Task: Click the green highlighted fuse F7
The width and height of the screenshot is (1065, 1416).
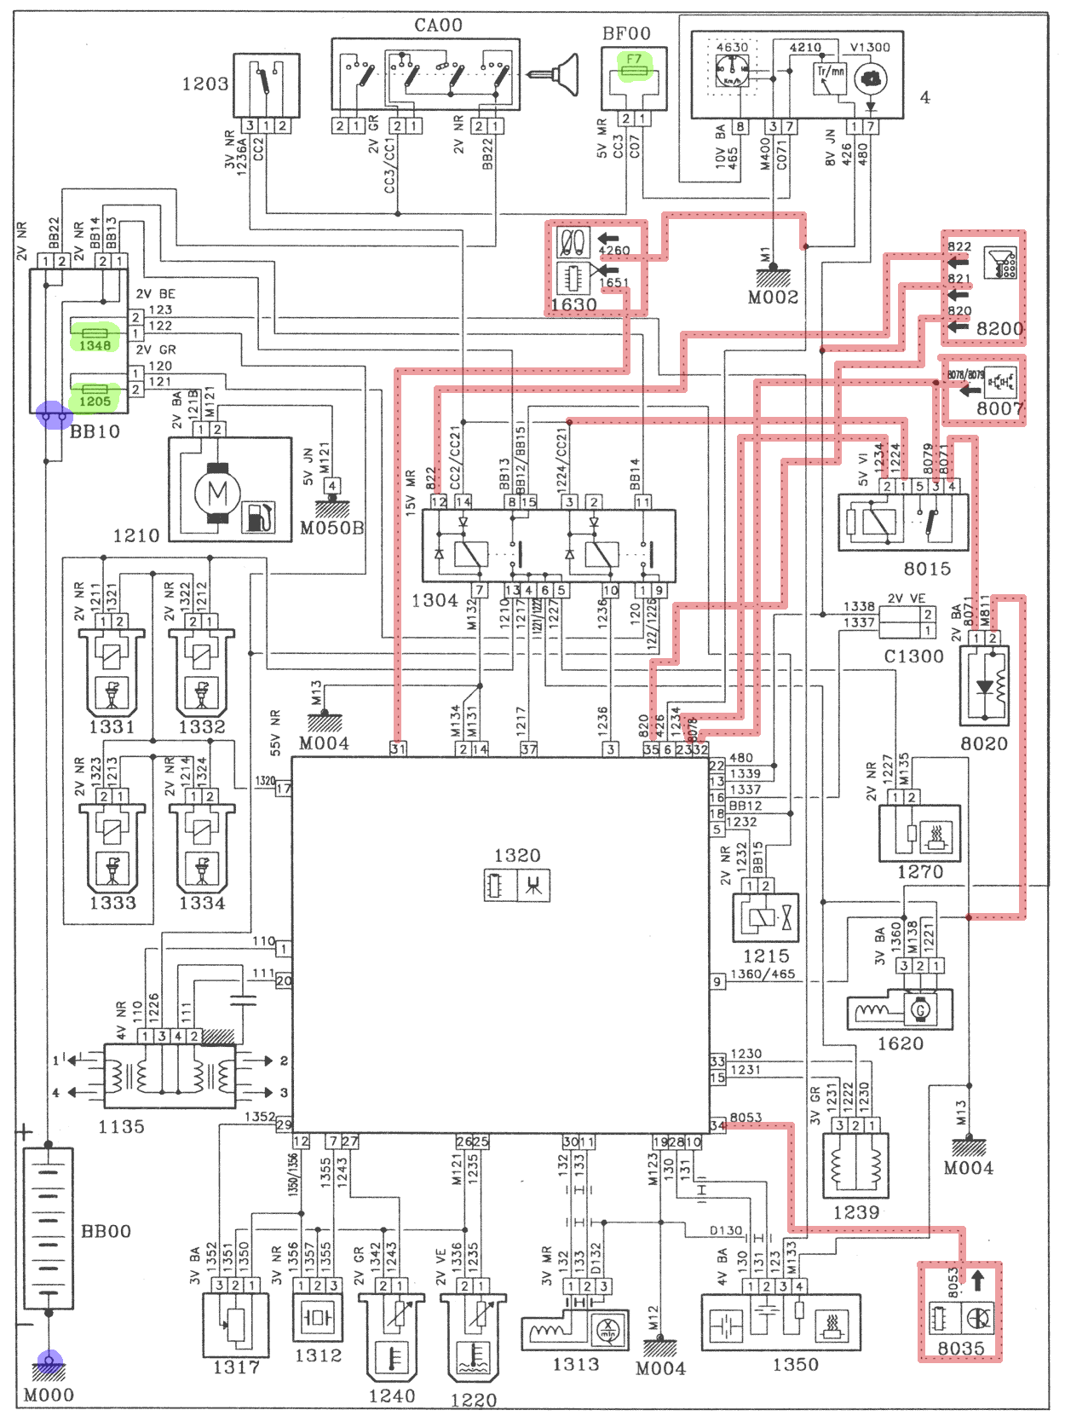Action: click(x=634, y=66)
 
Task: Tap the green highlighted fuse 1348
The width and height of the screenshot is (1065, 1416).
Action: click(x=95, y=338)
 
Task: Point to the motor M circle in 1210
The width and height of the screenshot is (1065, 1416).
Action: click(x=217, y=492)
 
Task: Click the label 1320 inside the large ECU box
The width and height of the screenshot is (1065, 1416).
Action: click(x=516, y=855)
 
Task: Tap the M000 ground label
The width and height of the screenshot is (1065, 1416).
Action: click(x=49, y=1395)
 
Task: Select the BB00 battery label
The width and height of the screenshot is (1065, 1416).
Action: click(x=106, y=1231)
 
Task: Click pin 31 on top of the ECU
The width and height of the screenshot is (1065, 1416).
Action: click(x=398, y=748)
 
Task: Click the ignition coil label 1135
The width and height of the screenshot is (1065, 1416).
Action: click(x=121, y=1127)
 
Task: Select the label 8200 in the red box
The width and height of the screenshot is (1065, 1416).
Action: click(x=999, y=329)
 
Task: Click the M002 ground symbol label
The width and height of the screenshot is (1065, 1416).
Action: click(x=773, y=298)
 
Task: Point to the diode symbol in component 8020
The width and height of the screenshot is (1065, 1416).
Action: click(x=984, y=687)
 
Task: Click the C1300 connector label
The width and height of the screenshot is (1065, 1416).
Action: click(x=913, y=656)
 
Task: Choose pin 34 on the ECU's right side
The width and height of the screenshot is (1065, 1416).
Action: click(x=717, y=1125)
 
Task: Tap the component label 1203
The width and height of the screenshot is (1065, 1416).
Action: click(x=204, y=84)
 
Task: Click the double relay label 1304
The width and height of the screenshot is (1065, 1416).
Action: click(x=435, y=601)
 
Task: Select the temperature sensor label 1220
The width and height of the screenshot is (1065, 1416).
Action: click(x=473, y=1400)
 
